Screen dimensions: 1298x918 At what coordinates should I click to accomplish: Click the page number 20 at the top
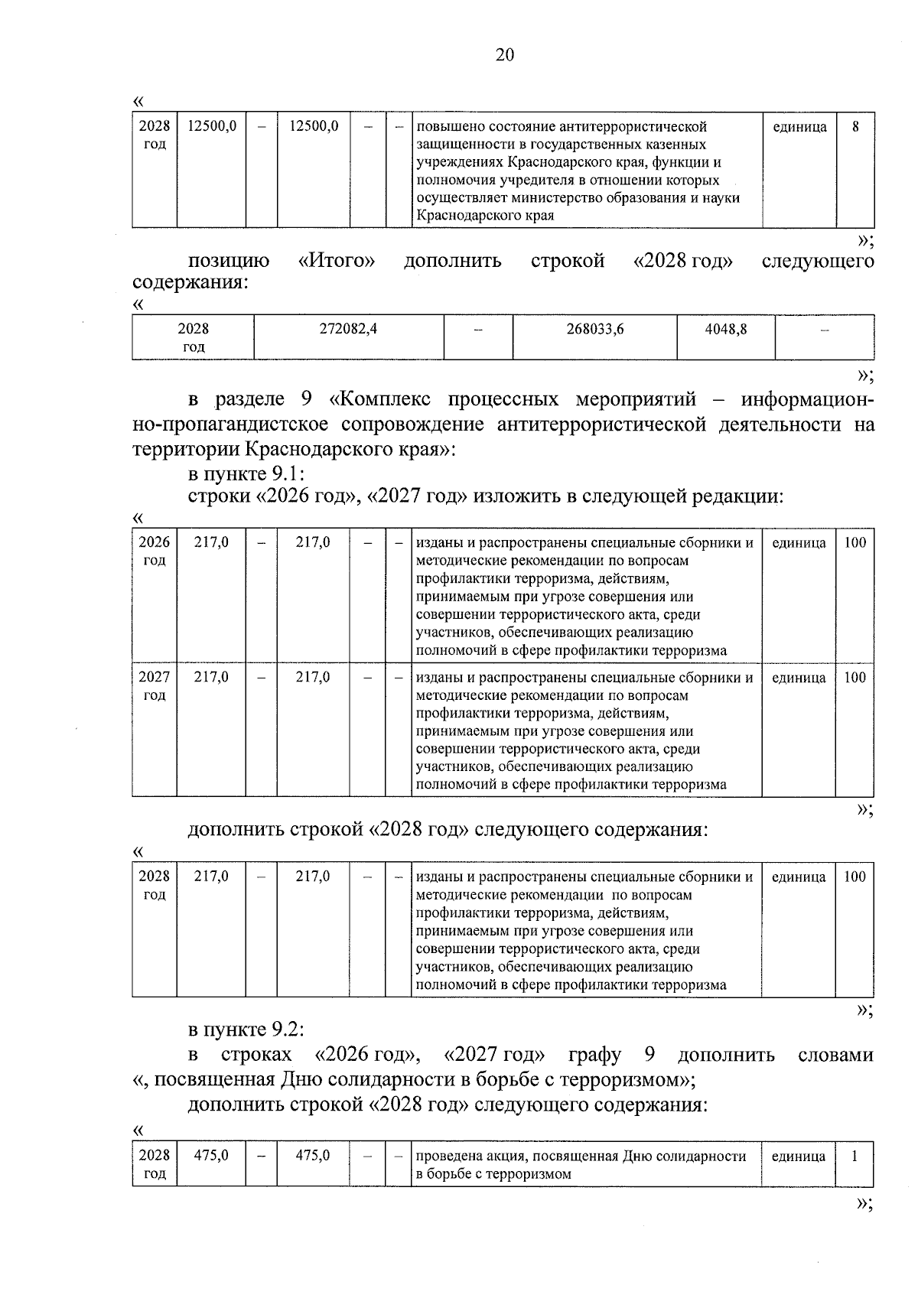click(x=505, y=54)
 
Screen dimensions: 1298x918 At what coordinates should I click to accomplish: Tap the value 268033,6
click(x=594, y=329)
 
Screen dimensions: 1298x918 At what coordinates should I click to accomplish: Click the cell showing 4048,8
click(x=725, y=329)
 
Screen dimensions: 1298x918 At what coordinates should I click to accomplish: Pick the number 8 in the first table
click(x=855, y=127)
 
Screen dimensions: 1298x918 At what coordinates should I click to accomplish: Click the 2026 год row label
click(x=155, y=551)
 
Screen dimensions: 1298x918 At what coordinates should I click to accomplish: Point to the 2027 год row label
click(x=155, y=686)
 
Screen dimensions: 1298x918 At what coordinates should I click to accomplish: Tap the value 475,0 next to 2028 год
click(x=211, y=1156)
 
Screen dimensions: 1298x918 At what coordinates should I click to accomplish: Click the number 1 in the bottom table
click(x=855, y=1156)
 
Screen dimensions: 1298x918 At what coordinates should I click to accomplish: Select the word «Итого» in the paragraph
click(x=336, y=261)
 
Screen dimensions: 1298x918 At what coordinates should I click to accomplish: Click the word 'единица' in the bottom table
click(x=798, y=1156)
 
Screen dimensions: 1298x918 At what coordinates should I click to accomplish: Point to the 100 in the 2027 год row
click(x=855, y=678)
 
